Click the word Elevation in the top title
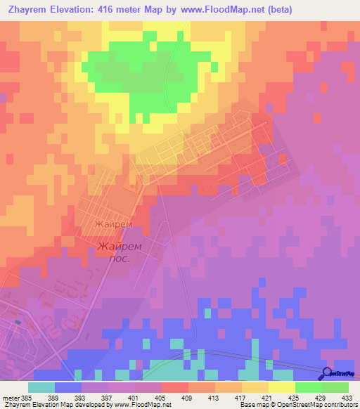click(x=77, y=9)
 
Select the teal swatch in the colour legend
click(x=41, y=387)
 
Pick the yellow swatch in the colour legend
click(x=281, y=387)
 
